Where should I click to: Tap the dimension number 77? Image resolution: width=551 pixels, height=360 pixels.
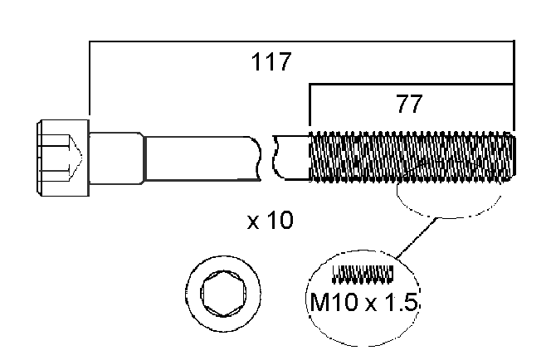(409, 105)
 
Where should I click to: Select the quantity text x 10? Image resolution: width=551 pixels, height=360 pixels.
(271, 221)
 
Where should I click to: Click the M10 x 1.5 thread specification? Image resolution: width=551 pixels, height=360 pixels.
(363, 304)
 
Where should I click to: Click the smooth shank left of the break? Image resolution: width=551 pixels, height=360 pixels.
(203, 157)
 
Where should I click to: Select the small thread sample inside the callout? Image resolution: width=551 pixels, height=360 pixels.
(362, 272)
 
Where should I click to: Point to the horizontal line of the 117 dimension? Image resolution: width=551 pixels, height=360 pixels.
(299, 40)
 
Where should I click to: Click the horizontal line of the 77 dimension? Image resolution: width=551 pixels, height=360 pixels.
(411, 84)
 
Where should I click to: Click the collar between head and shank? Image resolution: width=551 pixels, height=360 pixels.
(117, 157)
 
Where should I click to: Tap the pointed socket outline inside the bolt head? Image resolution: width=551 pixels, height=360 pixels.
(71, 157)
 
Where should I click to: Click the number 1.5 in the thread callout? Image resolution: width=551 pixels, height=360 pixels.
(402, 304)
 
